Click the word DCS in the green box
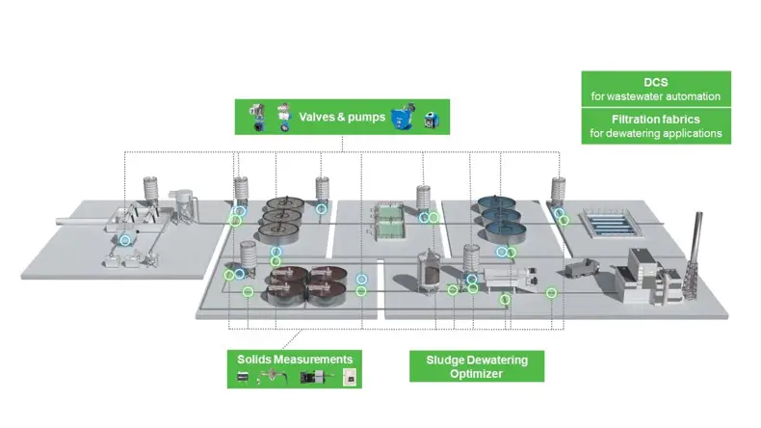656,83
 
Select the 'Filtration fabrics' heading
656,120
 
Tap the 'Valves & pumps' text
342,117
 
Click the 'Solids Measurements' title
295,360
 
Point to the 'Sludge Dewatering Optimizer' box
477,366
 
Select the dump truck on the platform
583,268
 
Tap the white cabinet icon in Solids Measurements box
350,377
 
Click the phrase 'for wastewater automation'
656,96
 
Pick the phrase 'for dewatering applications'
656,133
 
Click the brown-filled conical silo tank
430,271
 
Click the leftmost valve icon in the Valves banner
257,117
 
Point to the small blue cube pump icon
432,120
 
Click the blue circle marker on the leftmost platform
125,240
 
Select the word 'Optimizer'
476,374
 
